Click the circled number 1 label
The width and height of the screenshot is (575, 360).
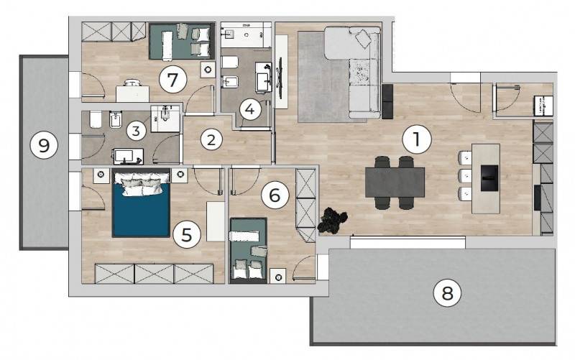[417, 139]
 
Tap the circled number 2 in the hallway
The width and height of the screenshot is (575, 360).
[211, 139]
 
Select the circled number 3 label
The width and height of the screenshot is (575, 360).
[136, 131]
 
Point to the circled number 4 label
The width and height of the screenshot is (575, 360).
[250, 109]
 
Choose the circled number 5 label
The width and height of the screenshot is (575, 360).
[187, 234]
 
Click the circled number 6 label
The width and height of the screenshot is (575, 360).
[275, 195]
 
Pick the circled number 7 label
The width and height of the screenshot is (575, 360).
[172, 79]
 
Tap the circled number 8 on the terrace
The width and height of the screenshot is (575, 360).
[448, 293]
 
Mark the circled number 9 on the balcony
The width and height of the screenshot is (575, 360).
[44, 146]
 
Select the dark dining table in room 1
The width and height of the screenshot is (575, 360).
[395, 183]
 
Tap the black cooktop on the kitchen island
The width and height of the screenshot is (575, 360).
[489, 177]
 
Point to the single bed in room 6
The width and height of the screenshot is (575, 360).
[248, 250]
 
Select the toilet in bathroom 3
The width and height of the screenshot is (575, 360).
[96, 119]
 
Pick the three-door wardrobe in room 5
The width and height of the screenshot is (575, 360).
[155, 274]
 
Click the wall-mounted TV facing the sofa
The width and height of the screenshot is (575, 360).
[281, 73]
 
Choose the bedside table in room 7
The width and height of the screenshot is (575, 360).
[208, 70]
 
